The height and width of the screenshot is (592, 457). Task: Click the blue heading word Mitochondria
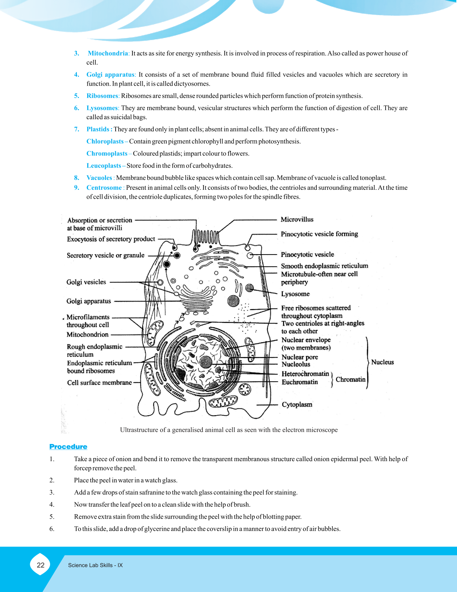(108, 53)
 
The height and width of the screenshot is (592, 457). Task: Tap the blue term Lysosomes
(102, 108)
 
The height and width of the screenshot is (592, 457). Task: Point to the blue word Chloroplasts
(105, 141)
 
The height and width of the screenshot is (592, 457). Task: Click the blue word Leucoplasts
(104, 166)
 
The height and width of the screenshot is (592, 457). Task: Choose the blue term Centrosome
(104, 188)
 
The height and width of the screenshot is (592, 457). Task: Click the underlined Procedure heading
(68, 447)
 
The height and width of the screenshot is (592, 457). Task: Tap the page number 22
(40, 565)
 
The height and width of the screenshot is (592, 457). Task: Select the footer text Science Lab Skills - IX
(95, 565)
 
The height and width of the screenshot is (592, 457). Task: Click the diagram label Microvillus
(297, 220)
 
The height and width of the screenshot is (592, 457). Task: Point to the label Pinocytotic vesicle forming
(319, 234)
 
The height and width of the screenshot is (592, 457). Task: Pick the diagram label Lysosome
(295, 294)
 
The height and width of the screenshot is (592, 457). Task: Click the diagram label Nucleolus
(296, 365)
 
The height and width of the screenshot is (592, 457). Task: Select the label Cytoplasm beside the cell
(297, 405)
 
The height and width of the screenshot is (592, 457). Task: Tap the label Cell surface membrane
(99, 383)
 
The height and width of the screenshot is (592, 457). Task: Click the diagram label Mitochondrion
(87, 335)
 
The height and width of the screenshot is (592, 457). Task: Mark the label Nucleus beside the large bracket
(382, 362)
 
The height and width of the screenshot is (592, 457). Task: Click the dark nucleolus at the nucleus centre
(206, 361)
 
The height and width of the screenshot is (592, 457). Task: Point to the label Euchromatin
(300, 382)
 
